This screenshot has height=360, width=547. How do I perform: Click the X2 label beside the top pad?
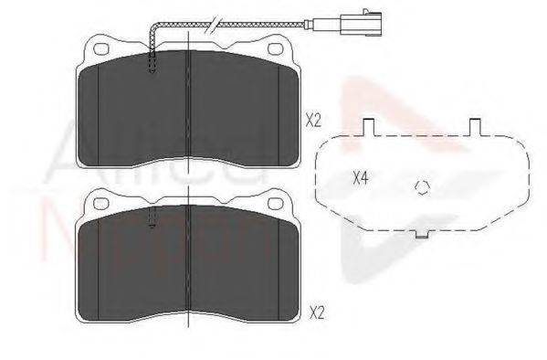coord(314,119)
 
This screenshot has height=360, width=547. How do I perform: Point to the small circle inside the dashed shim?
coord(421,187)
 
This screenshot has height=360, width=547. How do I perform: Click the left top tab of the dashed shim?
coord(369,128)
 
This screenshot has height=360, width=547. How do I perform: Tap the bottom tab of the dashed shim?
coord(421,233)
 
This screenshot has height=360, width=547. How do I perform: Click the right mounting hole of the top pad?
coord(272,48)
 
